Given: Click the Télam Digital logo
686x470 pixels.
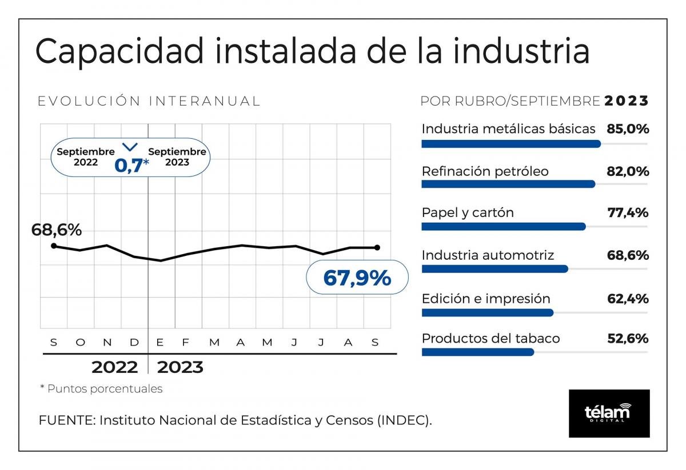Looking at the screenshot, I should pyautogui.click(x=609, y=413).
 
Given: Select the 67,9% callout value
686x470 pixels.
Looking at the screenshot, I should pyautogui.click(x=357, y=278).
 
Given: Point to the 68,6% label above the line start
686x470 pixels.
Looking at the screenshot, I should pyautogui.click(x=57, y=230).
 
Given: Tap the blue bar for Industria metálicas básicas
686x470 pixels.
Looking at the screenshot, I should pyautogui.click(x=510, y=144).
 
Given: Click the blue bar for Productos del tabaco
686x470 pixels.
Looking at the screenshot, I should pyautogui.click(x=477, y=352).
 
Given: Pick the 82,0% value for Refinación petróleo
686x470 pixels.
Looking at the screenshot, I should pyautogui.click(x=628, y=171).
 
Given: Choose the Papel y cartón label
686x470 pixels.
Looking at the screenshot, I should pyautogui.click(x=468, y=212).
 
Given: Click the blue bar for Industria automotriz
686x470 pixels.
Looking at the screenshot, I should pyautogui.click(x=494, y=268).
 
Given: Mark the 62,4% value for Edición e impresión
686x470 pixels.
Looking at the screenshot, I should pyautogui.click(x=628, y=298).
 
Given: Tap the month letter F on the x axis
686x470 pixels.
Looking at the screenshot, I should pyautogui.click(x=185, y=343).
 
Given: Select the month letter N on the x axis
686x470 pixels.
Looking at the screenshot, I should pyautogui.click(x=107, y=343).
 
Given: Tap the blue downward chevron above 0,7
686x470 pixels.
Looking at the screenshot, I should pyautogui.click(x=131, y=147).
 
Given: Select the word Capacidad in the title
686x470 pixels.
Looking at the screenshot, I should pyautogui.click(x=119, y=51).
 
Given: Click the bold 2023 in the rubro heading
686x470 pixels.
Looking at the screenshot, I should pyautogui.click(x=627, y=101).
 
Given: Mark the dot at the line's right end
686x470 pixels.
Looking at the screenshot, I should pyautogui.click(x=377, y=247).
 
